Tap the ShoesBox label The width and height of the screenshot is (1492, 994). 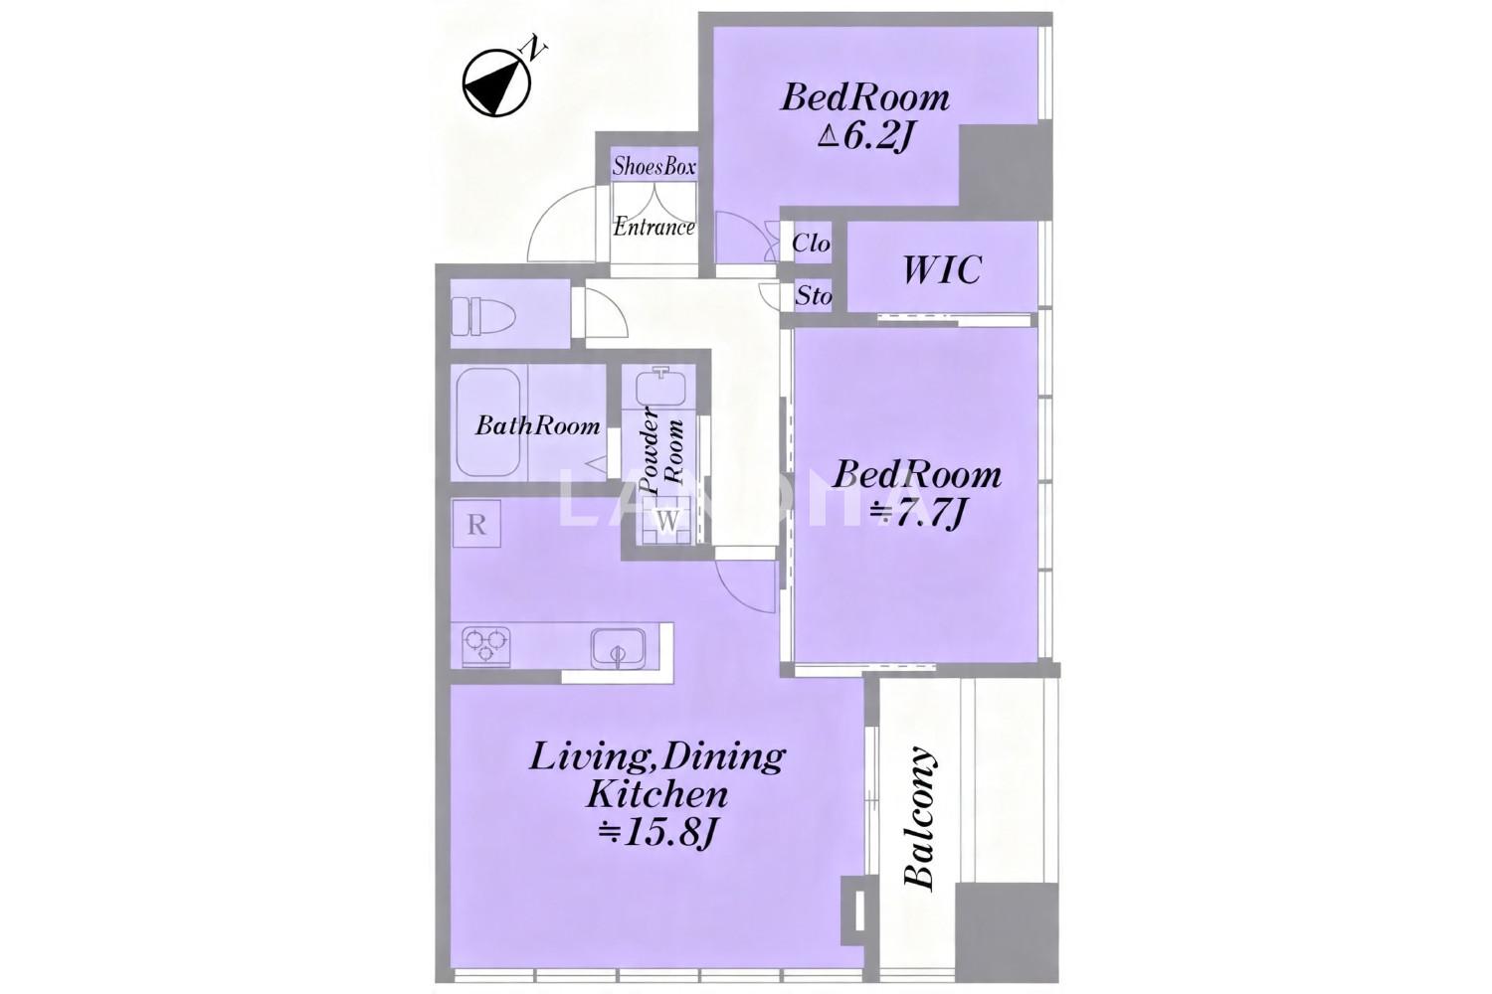(654, 166)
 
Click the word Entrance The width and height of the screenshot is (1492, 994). (654, 227)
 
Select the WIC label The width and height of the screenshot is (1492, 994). (942, 269)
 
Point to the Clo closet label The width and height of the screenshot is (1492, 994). (812, 243)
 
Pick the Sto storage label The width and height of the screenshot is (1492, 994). (814, 295)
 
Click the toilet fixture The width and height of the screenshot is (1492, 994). (483, 315)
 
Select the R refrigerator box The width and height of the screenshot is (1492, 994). (476, 524)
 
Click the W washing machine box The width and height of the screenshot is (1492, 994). (668, 521)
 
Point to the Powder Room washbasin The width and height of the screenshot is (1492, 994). (661, 387)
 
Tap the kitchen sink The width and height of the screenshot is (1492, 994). (618, 647)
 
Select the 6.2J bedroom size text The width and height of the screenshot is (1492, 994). (864, 137)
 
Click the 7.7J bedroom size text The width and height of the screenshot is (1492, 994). (918, 513)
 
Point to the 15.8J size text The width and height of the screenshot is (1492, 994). (656, 833)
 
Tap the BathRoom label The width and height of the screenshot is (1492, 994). (537, 425)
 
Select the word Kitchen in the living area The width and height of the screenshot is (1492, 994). (656, 794)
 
